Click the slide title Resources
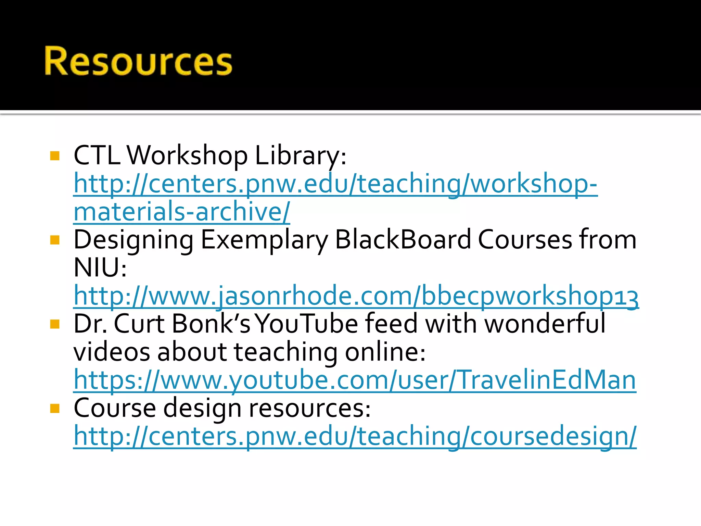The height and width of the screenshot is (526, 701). [138, 61]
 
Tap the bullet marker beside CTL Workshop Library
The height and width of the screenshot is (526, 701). [55, 156]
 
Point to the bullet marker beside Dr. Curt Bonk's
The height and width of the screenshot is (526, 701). [55, 324]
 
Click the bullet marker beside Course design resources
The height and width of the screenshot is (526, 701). [55, 408]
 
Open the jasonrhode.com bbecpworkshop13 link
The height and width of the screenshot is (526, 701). [356, 296]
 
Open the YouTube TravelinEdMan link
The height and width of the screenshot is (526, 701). [355, 380]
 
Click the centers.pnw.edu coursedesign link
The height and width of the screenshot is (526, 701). [355, 436]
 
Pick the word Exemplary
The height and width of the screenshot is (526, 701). [264, 240]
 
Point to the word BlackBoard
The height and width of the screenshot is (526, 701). [403, 240]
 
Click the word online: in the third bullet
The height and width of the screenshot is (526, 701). [385, 352]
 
